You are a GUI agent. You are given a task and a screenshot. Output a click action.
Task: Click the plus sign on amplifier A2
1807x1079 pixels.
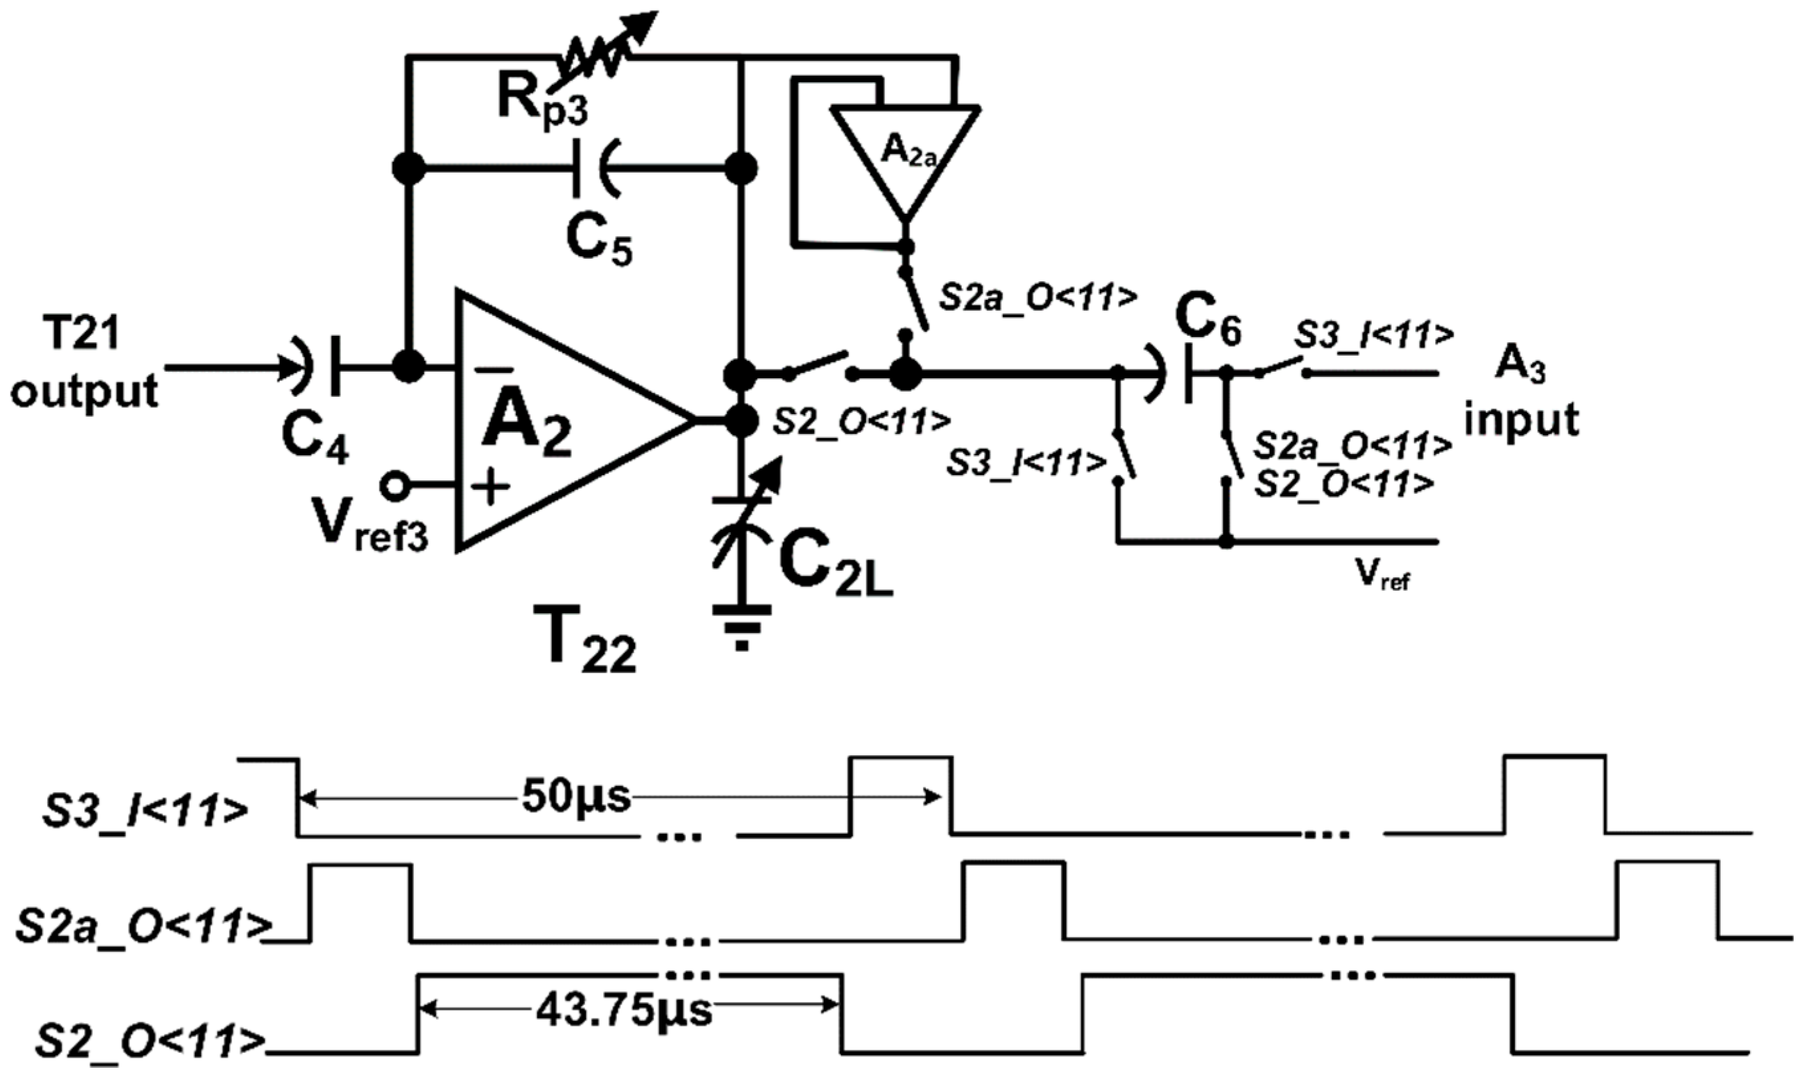tap(492, 486)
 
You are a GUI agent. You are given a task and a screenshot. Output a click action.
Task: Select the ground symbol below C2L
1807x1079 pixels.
tap(742, 626)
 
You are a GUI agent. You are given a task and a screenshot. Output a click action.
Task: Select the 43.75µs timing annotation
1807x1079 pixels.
tap(624, 1010)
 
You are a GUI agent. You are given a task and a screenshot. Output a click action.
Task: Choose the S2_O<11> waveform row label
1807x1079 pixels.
tap(149, 1041)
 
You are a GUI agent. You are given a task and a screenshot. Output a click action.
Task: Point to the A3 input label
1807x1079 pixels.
tap(1521, 394)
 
